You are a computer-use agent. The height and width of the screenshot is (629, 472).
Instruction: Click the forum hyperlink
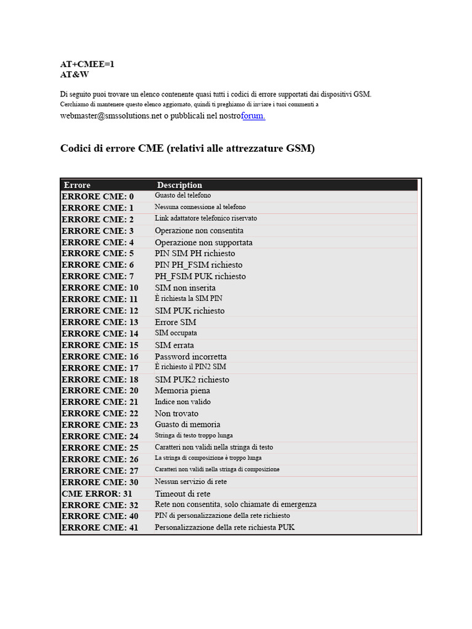click(254, 116)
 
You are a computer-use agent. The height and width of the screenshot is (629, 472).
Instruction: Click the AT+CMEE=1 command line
click(87, 64)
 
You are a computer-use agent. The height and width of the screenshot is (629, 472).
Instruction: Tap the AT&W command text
click(74, 74)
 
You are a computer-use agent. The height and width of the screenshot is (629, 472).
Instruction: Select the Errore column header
click(77, 185)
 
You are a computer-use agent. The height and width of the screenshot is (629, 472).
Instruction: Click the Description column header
click(179, 185)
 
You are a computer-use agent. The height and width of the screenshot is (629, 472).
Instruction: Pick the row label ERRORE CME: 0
click(97, 196)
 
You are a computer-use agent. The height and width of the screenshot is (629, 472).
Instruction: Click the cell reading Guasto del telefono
click(183, 195)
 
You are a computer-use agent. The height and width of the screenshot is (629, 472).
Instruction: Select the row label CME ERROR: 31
click(97, 493)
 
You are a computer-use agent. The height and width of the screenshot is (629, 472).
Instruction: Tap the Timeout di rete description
click(183, 493)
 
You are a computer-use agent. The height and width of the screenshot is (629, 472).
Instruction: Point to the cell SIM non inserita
click(185, 287)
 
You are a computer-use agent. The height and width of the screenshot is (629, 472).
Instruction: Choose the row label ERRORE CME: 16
click(100, 356)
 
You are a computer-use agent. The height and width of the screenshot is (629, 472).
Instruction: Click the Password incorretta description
click(191, 356)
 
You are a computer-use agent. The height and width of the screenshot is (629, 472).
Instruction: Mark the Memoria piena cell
click(183, 391)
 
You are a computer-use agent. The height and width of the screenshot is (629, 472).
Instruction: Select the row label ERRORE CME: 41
click(100, 528)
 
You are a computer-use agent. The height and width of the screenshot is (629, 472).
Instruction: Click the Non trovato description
click(176, 413)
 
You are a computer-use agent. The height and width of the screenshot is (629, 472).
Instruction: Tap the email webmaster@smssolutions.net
click(111, 116)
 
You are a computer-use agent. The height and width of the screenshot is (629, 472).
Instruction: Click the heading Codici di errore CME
click(187, 149)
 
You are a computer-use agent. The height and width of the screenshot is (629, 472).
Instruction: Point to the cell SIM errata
click(174, 345)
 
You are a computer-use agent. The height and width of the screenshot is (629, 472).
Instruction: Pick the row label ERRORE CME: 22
click(100, 413)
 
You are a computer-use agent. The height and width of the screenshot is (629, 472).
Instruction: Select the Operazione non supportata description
click(203, 242)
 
